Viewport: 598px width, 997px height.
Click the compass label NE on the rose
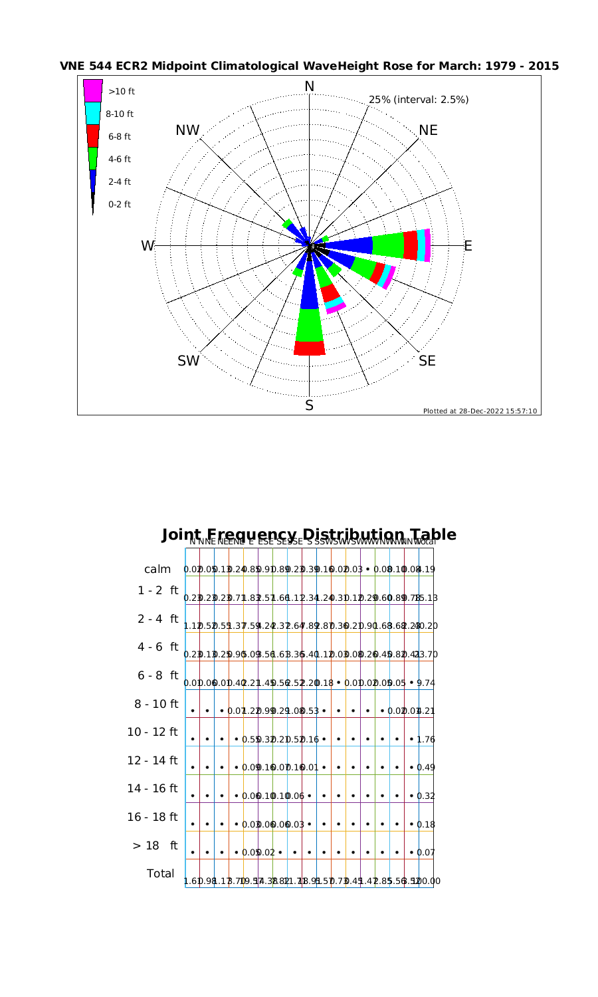(429, 130)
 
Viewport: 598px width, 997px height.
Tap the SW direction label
(188, 361)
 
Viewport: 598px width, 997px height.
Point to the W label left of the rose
(147, 246)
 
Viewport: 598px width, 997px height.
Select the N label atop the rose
(309, 86)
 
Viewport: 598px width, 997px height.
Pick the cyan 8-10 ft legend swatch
(93, 114)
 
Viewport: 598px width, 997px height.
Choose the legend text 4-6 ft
(120, 159)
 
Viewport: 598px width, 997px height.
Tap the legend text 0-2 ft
(120, 204)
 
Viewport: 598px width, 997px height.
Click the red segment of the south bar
(310, 348)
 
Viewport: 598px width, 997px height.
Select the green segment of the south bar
(310, 325)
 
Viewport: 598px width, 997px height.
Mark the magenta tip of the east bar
(428, 245)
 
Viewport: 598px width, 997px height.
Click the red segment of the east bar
(411, 245)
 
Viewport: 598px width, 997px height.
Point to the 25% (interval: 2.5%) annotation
(419, 100)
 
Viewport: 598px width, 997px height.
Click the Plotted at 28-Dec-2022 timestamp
(480, 411)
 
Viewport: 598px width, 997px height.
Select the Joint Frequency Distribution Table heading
(309, 535)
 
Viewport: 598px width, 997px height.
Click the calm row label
(157, 570)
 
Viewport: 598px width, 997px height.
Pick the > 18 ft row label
(155, 846)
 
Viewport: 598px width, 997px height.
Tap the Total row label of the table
(160, 873)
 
